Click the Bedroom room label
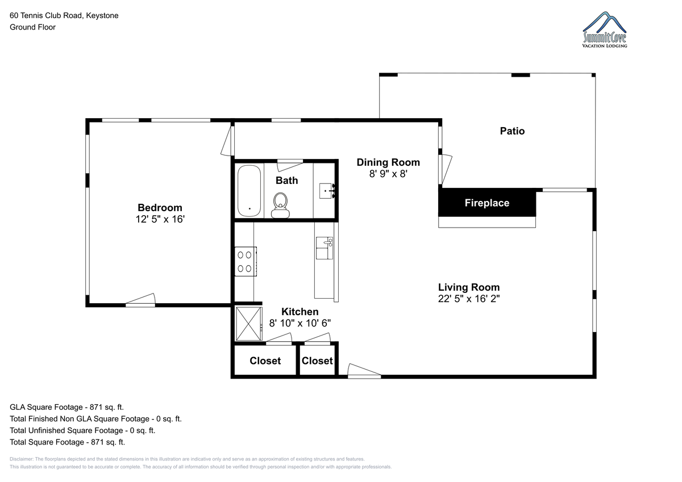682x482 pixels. (x=160, y=208)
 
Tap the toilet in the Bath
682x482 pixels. (x=280, y=206)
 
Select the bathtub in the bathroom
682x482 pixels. (x=249, y=191)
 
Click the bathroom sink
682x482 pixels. (x=327, y=191)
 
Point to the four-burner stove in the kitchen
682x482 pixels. (x=246, y=262)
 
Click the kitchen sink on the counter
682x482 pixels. (x=325, y=248)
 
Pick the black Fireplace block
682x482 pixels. (x=487, y=203)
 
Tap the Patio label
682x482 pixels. (x=513, y=131)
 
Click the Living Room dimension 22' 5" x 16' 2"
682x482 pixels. (x=469, y=299)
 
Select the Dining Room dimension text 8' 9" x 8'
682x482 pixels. (x=388, y=174)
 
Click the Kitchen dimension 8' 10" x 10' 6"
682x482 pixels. (x=300, y=323)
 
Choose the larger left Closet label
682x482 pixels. (x=265, y=361)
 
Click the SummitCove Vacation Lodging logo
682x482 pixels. (x=605, y=30)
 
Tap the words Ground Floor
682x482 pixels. (x=32, y=27)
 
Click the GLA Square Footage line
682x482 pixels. (x=66, y=407)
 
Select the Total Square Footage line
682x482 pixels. (x=67, y=442)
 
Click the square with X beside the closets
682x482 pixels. (x=249, y=324)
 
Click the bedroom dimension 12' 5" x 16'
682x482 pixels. (x=160, y=219)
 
